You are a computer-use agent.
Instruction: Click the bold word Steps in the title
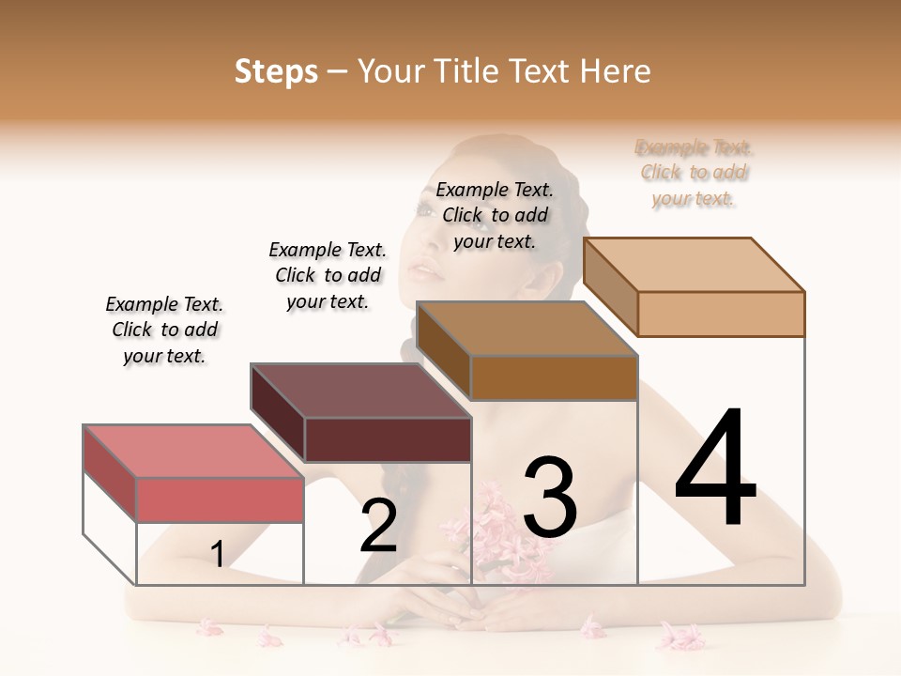276,71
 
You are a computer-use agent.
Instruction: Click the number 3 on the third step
550,498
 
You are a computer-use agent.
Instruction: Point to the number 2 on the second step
378,526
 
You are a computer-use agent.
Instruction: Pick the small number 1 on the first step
218,555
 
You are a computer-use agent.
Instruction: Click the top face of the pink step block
192,451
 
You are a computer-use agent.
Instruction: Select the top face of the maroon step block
360,390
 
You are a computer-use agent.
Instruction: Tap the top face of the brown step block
527,329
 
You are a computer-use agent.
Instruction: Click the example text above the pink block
164,330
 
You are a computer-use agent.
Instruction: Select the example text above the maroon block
328,275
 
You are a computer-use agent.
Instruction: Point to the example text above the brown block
495,215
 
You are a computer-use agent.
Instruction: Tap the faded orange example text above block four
694,173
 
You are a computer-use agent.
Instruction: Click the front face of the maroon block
388,439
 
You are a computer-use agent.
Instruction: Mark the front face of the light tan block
721,314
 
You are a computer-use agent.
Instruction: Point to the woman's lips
427,271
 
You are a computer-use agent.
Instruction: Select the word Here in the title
615,71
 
